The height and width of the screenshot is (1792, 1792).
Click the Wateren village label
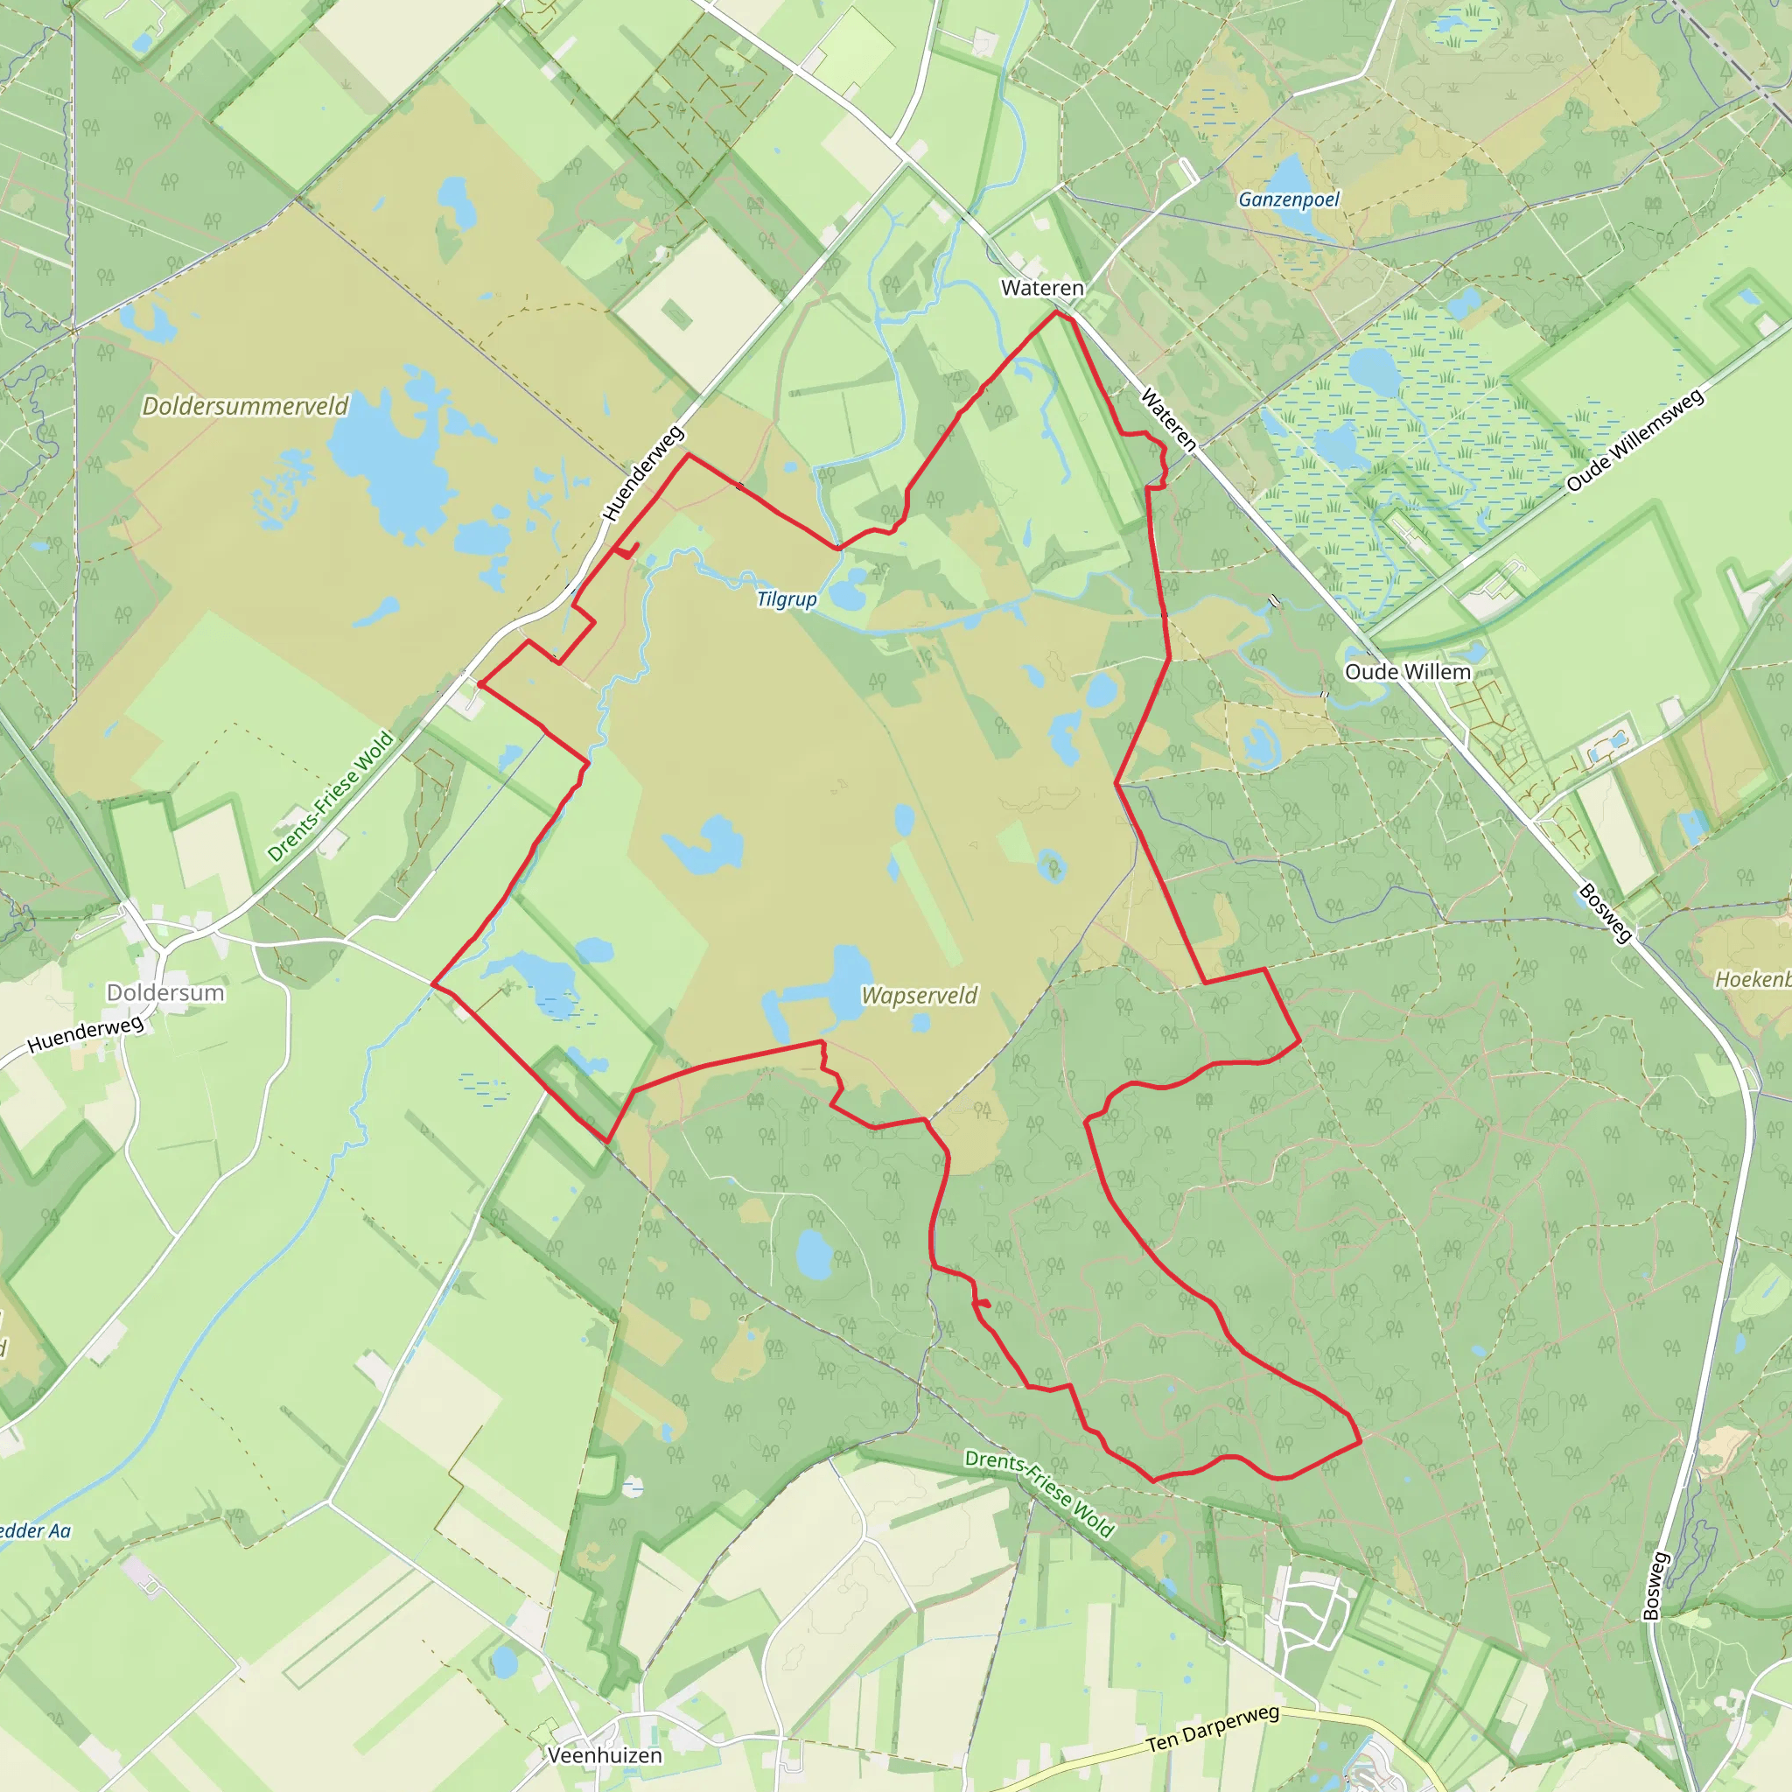click(x=1041, y=289)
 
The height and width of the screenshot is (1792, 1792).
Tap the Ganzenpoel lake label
click(x=1288, y=199)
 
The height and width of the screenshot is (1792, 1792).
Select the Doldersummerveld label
click(x=246, y=406)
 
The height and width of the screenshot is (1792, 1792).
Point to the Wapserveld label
click(x=920, y=995)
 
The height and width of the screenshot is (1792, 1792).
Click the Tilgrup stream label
click(x=787, y=599)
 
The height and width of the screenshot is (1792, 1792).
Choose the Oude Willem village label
click(x=1407, y=671)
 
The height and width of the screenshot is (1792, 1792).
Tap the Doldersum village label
click(x=165, y=992)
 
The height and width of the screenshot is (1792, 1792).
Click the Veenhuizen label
click(x=605, y=1755)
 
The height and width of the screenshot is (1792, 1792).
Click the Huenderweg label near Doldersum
click(x=86, y=1034)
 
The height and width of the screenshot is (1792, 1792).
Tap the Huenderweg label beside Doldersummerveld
click(x=643, y=473)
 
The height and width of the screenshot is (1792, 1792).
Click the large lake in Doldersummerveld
click(x=389, y=464)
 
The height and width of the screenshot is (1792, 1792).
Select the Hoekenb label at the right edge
click(x=1752, y=979)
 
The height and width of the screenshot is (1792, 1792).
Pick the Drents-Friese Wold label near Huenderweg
click(x=330, y=797)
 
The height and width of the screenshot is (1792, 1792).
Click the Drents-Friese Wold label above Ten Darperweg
click(x=1039, y=1493)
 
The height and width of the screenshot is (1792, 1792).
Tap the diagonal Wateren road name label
click(x=1168, y=420)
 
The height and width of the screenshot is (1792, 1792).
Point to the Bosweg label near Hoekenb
click(x=1605, y=913)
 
